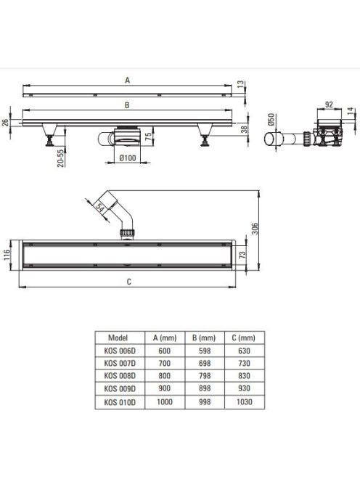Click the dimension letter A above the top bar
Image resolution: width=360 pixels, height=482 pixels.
click(x=127, y=81)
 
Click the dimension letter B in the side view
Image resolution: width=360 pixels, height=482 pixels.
click(x=127, y=105)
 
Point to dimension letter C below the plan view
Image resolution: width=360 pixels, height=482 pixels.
click(x=128, y=282)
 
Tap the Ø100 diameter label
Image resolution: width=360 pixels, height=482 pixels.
click(x=127, y=158)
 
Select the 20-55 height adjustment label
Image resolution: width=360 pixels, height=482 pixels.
click(x=61, y=158)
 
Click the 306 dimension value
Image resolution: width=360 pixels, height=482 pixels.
click(x=255, y=229)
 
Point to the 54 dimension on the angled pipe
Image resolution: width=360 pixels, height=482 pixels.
click(x=100, y=207)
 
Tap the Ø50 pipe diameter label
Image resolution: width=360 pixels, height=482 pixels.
click(x=271, y=119)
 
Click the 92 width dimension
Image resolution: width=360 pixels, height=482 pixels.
click(x=329, y=105)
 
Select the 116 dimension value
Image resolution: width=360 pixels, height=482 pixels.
click(x=7, y=255)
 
